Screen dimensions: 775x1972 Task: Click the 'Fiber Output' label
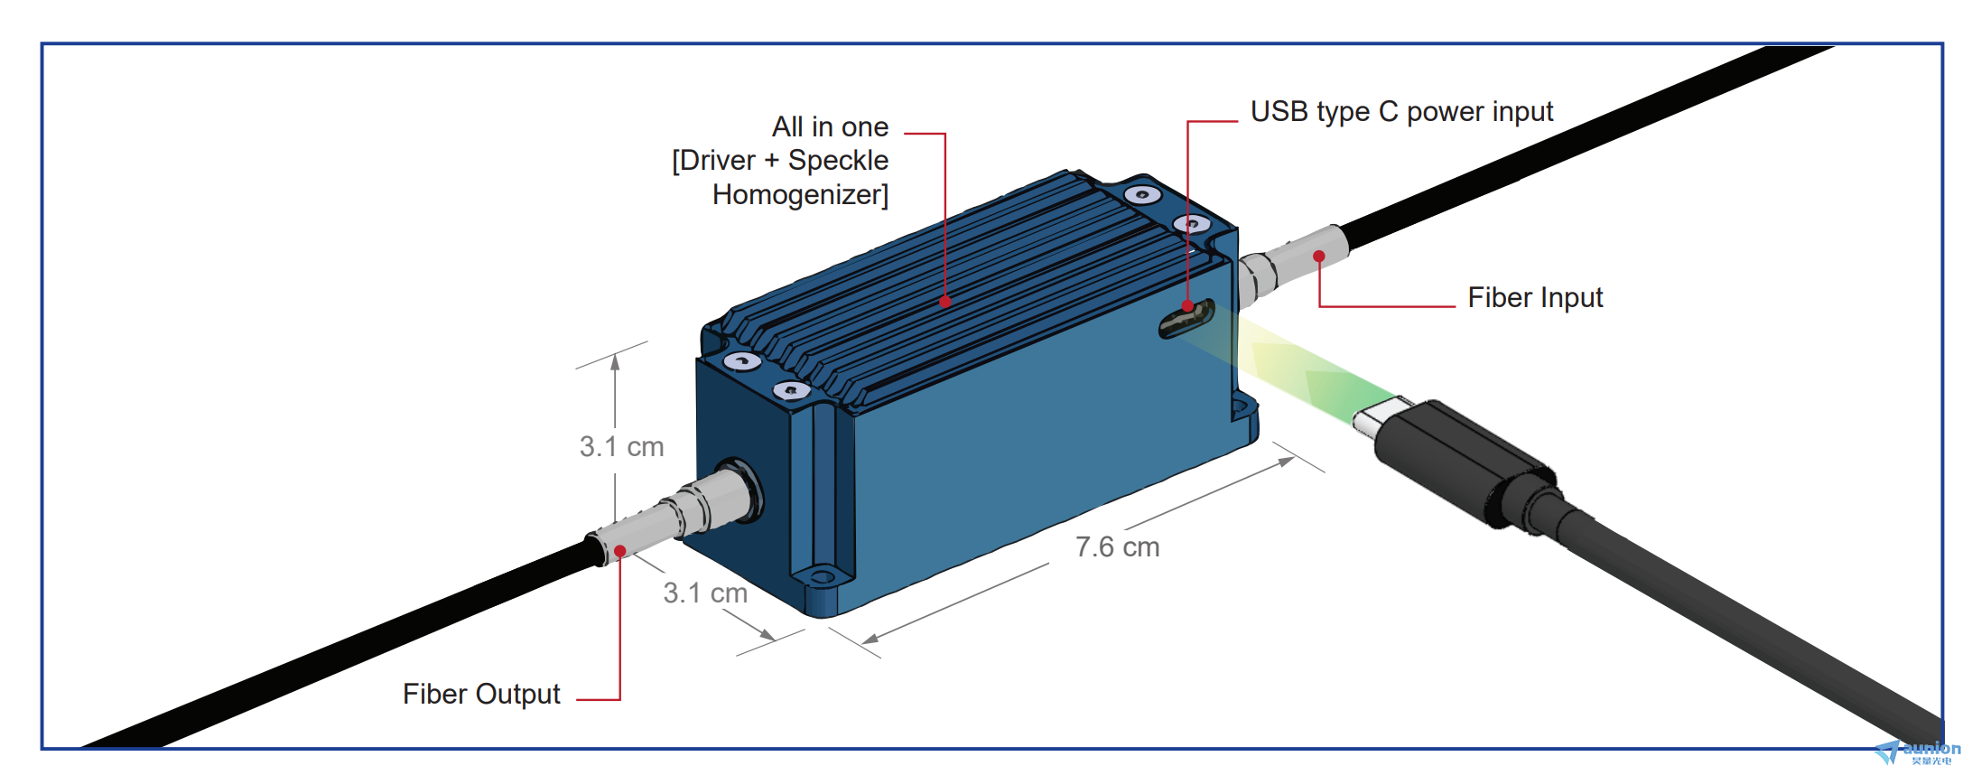[481, 694]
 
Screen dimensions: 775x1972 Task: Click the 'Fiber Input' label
[1535, 297]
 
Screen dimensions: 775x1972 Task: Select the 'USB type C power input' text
[1401, 111]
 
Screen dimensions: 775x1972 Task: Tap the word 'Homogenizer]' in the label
[800, 194]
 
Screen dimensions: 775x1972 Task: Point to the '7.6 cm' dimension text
[1117, 546]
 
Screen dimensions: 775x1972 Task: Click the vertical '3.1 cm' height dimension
[621, 446]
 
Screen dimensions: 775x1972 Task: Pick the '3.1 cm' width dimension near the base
[705, 593]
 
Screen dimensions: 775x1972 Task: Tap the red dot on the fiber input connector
[1319, 257]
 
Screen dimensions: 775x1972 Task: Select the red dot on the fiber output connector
[620, 551]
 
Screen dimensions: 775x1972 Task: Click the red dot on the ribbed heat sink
[945, 302]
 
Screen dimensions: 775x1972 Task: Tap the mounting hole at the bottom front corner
[822, 576]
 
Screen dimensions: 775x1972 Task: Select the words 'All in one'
[830, 126]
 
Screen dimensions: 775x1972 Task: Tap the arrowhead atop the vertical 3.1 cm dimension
[615, 361]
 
